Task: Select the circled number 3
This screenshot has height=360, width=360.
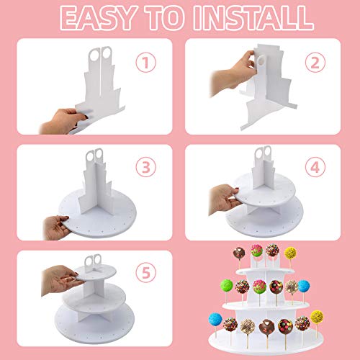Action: pos(148,168)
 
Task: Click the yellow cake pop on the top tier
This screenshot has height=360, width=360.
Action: pos(290,253)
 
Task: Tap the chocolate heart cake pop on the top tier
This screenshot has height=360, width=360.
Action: pos(272,251)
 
